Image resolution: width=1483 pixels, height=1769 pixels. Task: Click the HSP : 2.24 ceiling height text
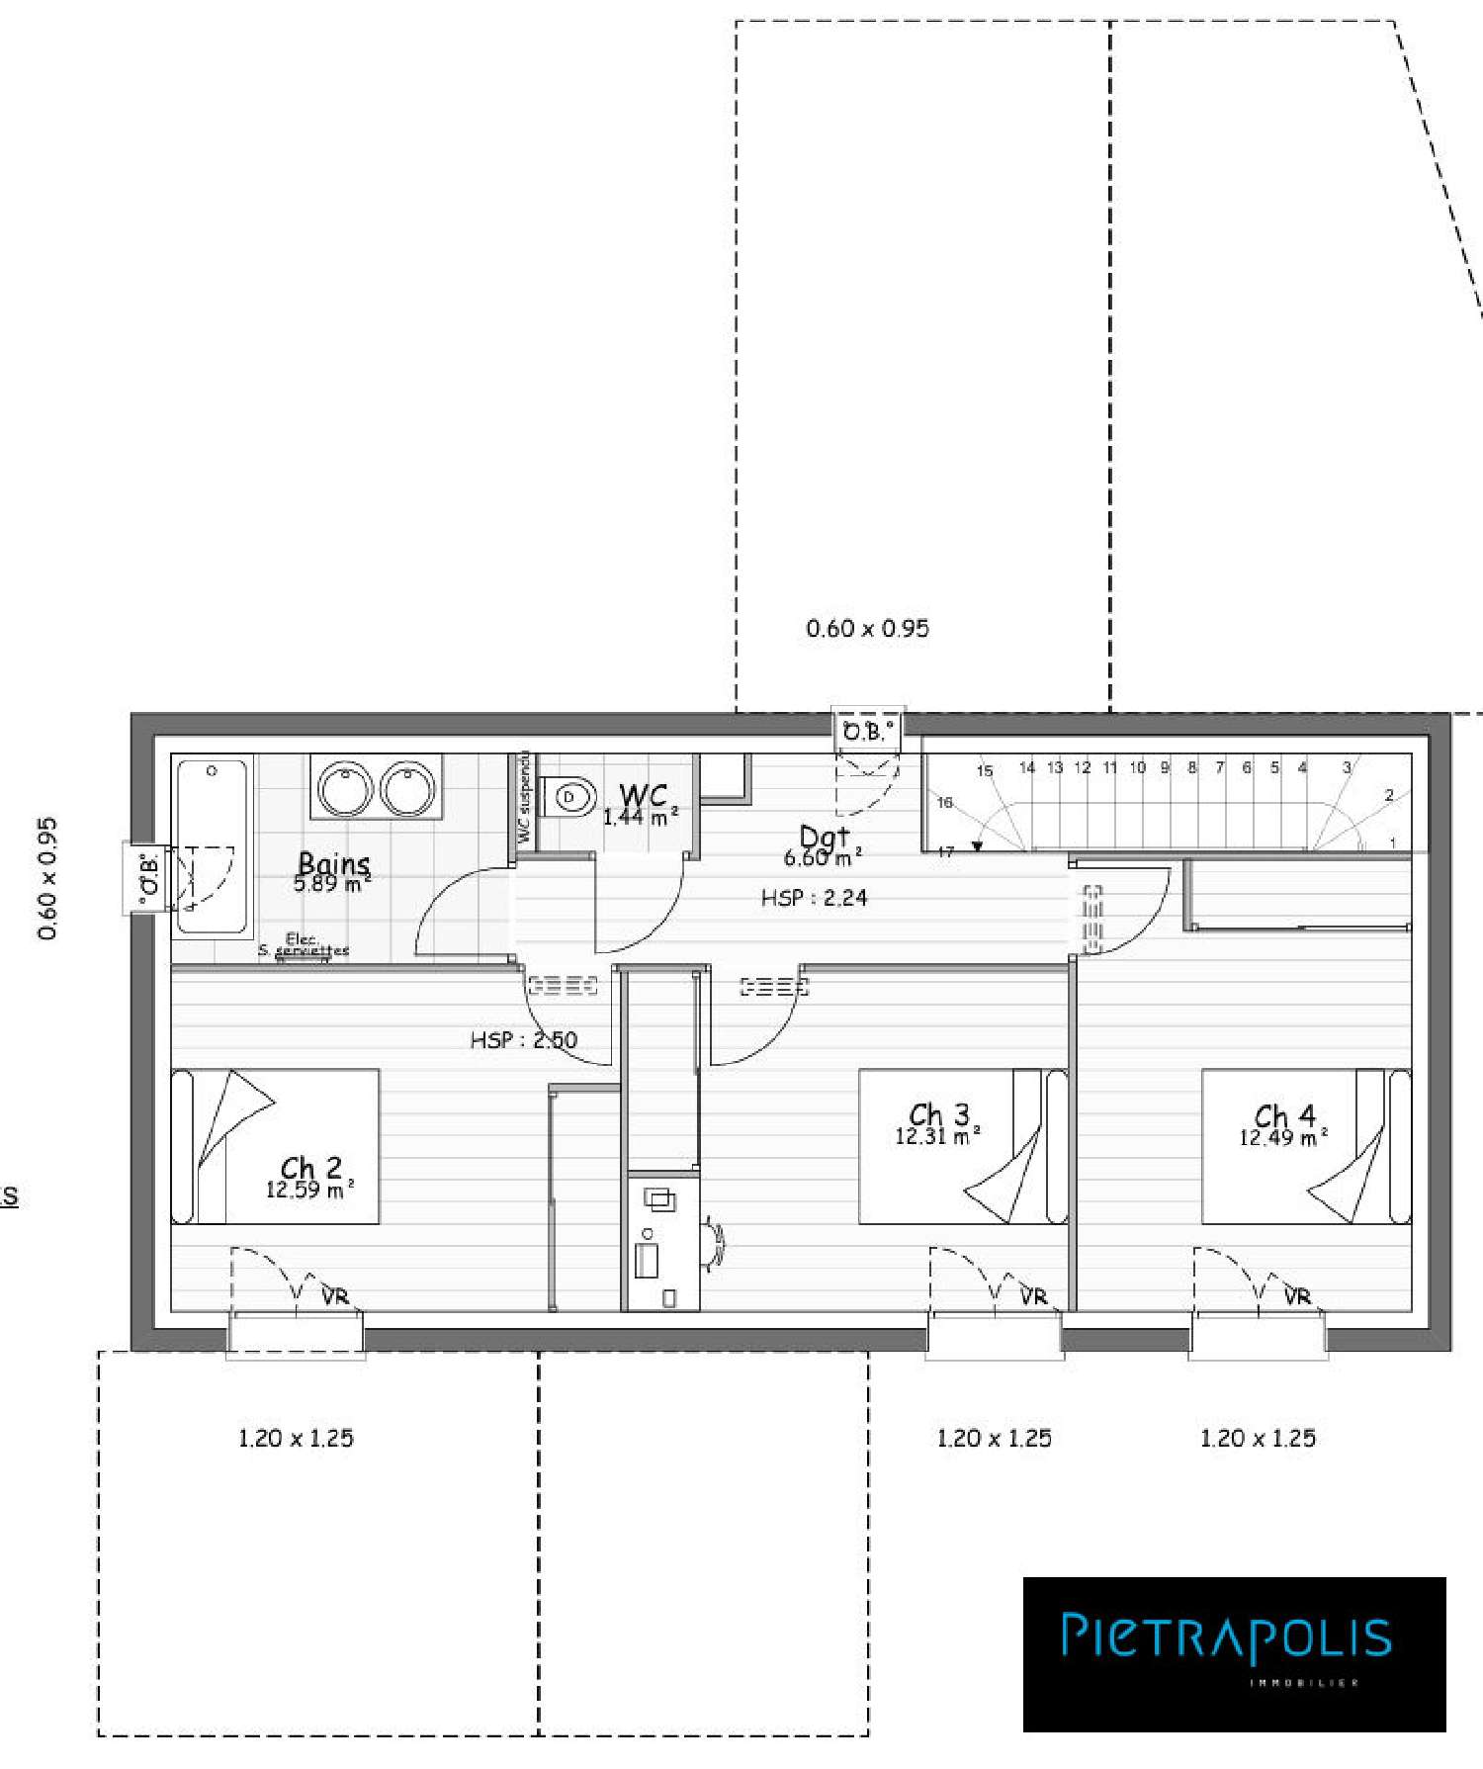[814, 898]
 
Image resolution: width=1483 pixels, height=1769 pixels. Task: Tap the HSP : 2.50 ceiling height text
[523, 1039]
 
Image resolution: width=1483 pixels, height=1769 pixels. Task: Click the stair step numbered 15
[985, 771]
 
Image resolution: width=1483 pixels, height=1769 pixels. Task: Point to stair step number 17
[946, 851]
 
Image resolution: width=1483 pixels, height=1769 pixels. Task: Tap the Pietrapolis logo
[1234, 1653]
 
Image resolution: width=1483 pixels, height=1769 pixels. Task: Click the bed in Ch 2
[275, 1146]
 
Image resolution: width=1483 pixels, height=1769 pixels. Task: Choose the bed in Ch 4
[1306, 1146]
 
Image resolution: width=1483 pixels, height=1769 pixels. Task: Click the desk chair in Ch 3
[714, 1244]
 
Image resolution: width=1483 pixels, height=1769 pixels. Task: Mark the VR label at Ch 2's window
[335, 1296]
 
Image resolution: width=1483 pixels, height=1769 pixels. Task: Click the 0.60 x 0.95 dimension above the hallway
[867, 629]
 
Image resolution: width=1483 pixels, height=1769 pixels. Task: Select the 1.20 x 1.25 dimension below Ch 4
[1258, 1439]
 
